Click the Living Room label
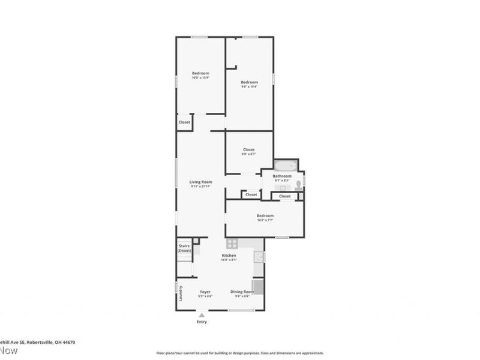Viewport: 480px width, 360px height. click(x=201, y=182)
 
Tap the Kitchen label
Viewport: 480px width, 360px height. click(x=229, y=256)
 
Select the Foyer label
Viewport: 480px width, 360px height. click(x=205, y=292)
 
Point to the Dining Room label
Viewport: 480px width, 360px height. click(x=242, y=292)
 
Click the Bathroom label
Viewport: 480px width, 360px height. click(x=282, y=176)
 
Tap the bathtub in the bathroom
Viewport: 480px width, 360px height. click(x=286, y=165)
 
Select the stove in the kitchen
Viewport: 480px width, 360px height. click(x=232, y=244)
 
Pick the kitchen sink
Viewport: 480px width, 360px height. click(x=258, y=257)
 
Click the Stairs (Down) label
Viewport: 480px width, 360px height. click(x=184, y=248)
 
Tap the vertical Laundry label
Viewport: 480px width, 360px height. click(x=181, y=293)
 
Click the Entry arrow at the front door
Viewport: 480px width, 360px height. click(x=202, y=314)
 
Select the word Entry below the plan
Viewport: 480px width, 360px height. click(x=202, y=322)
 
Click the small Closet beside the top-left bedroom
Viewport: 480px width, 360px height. click(x=184, y=122)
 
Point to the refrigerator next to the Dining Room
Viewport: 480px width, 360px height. click(x=257, y=286)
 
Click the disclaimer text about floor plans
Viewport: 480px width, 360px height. click(x=240, y=353)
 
